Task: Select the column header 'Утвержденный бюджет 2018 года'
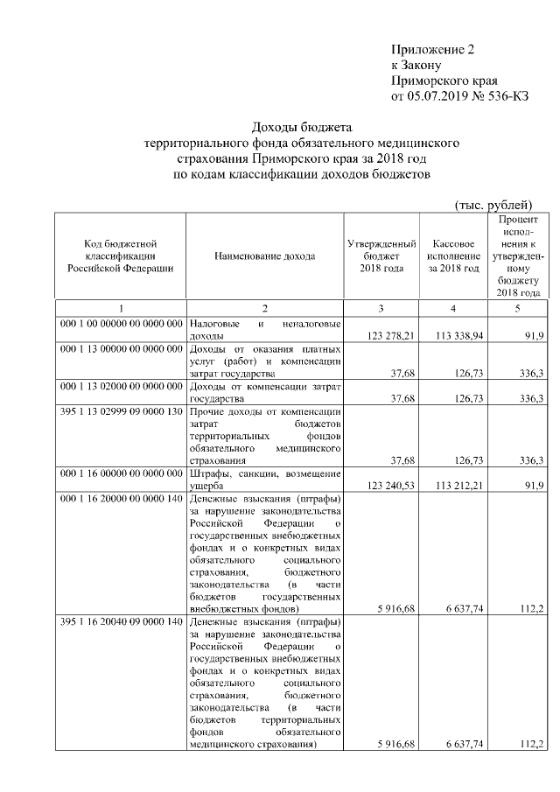pos(381,256)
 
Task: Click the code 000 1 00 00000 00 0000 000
pos(121,324)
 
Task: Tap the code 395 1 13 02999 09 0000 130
pos(121,411)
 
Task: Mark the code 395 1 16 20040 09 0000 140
pos(121,622)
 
